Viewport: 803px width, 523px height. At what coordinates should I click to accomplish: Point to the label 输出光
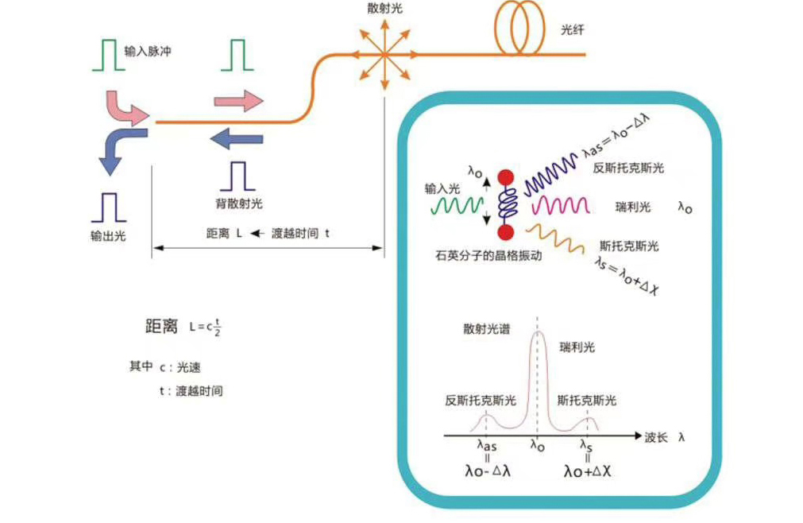pos(106,236)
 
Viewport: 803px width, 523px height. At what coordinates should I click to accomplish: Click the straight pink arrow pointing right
pos(238,100)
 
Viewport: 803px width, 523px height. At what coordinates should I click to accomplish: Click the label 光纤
pos(572,29)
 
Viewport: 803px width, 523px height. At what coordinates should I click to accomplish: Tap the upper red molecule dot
pos(503,177)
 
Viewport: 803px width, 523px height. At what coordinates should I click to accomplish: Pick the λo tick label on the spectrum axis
pos(537,447)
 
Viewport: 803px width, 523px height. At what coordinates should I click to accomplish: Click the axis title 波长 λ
pos(666,437)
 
